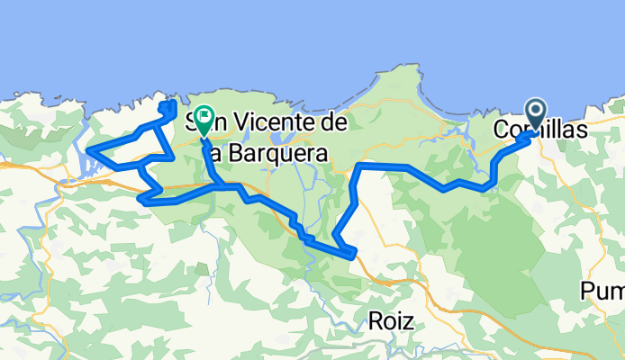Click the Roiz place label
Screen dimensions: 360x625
click(391, 319)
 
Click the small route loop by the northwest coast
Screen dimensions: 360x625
click(168, 108)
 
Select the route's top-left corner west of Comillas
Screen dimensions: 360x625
click(359, 166)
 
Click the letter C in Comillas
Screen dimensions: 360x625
click(502, 130)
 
